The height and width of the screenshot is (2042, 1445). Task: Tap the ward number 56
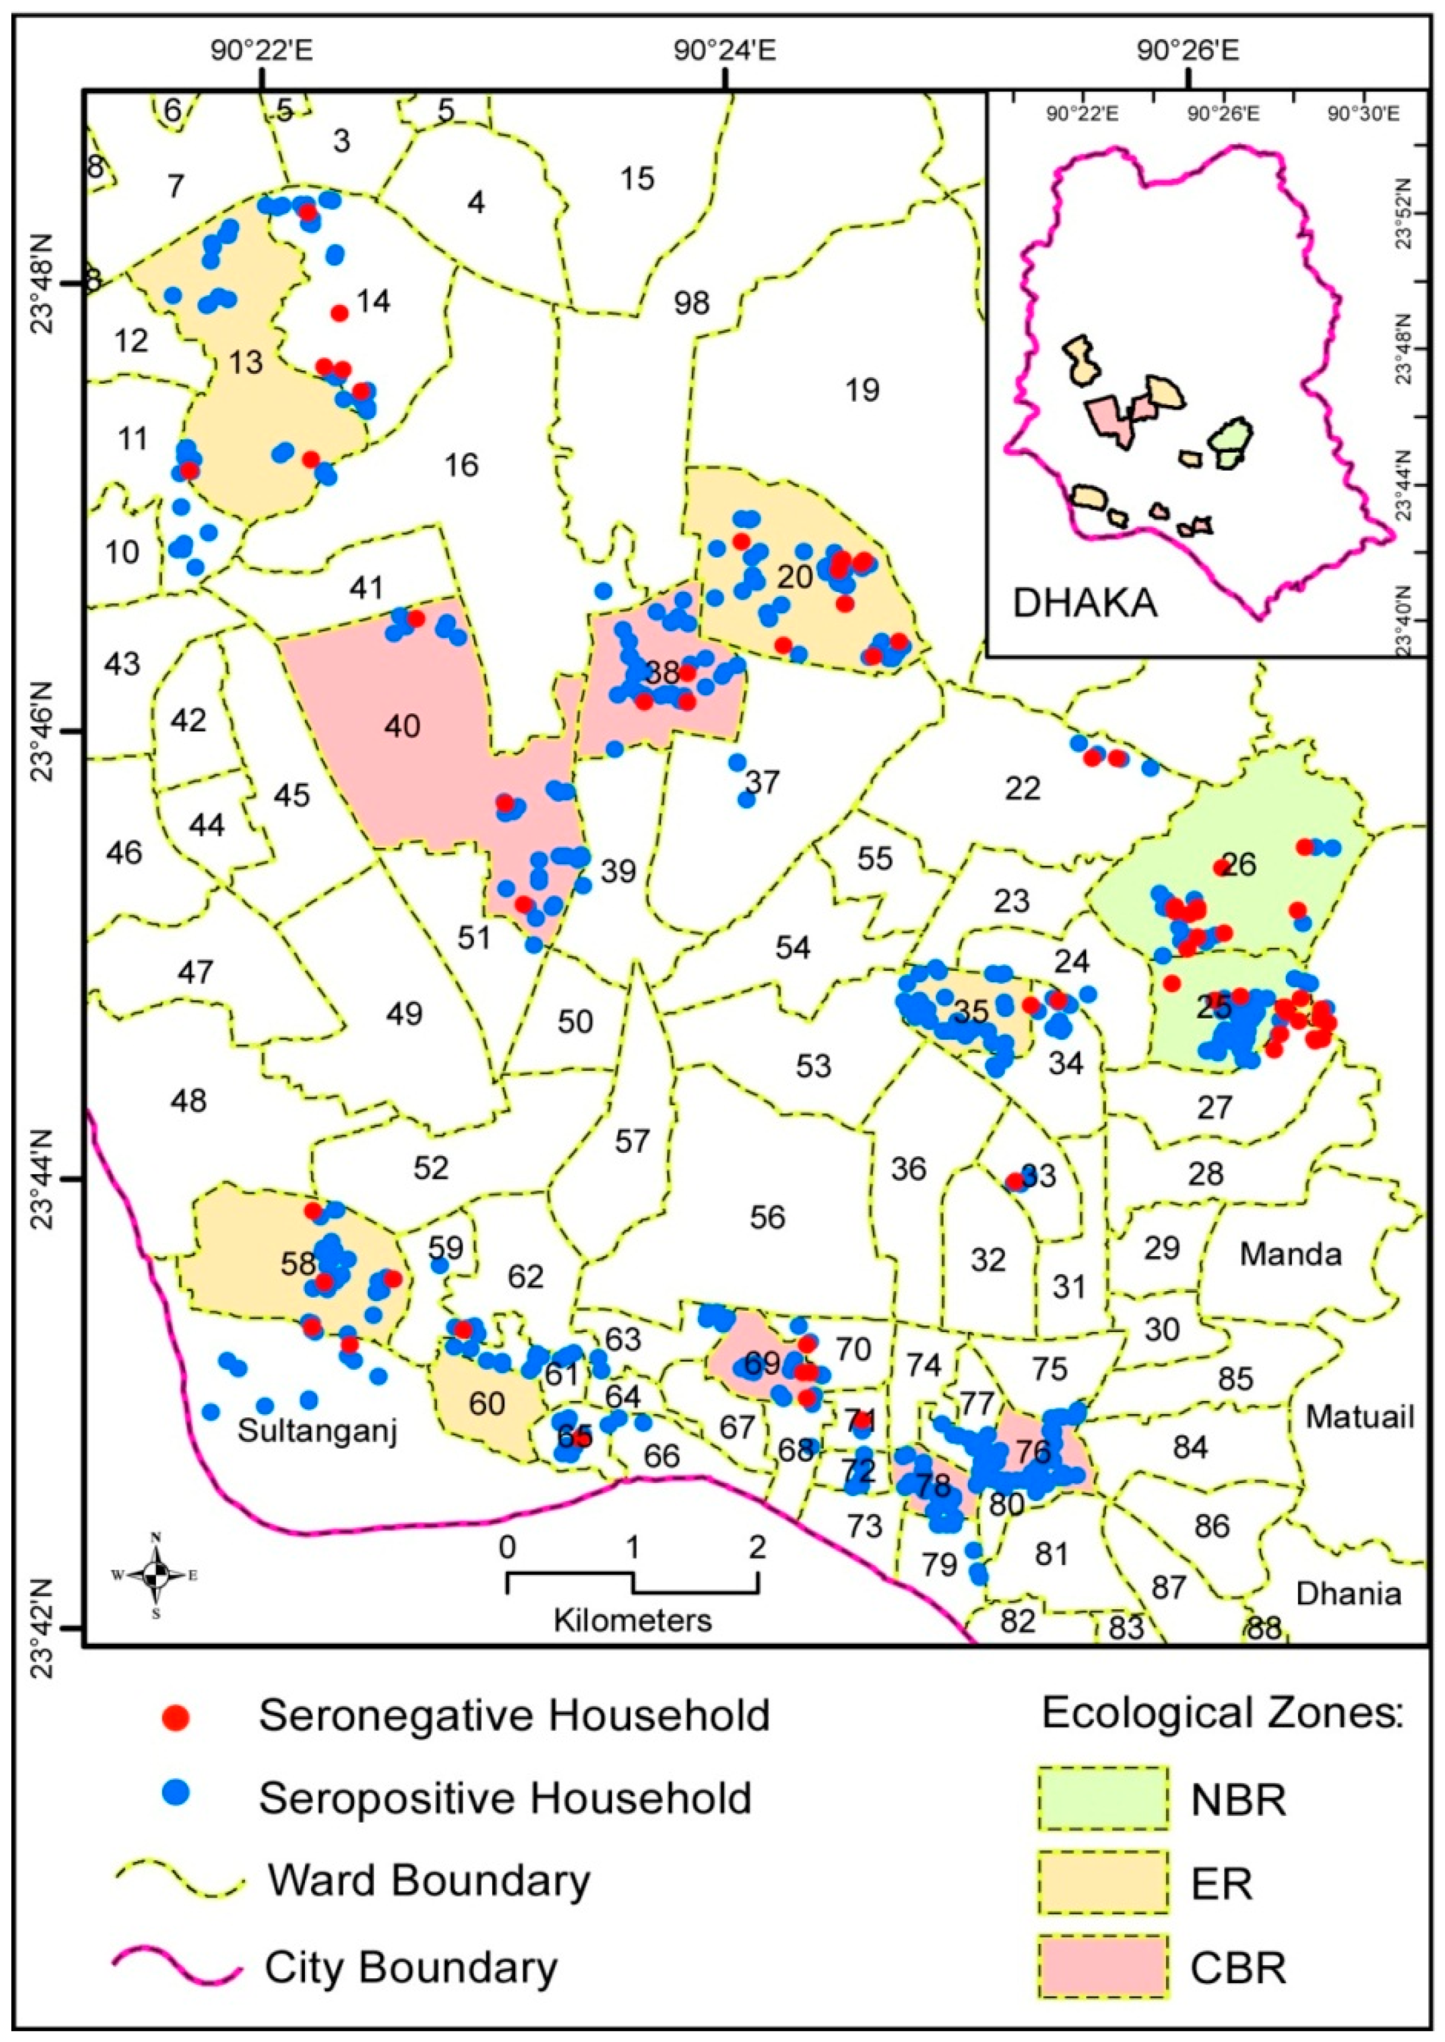coord(767,1216)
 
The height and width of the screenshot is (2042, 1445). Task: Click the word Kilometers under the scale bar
coord(633,1619)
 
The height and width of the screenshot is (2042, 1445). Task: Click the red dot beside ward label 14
coord(339,312)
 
